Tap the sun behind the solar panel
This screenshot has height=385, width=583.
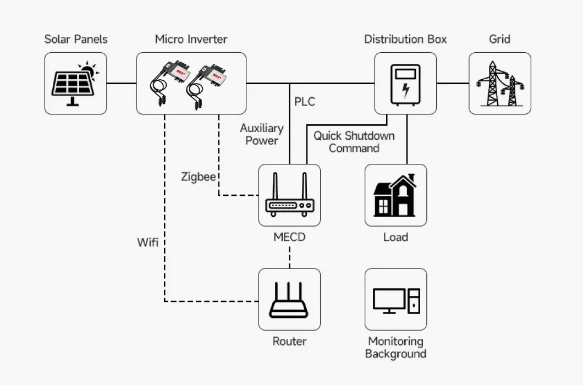pyautogui.click(x=87, y=70)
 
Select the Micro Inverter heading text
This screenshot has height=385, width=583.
pyautogui.click(x=191, y=39)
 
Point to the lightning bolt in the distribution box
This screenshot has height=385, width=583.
pyautogui.click(x=405, y=89)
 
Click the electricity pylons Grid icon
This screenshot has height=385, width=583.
pyautogui.click(x=499, y=84)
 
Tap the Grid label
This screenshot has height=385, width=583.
pyautogui.click(x=499, y=39)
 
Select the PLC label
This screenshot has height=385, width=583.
pyautogui.click(x=305, y=102)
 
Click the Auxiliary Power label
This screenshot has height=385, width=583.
pyautogui.click(x=262, y=134)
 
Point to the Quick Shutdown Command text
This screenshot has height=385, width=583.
pyautogui.click(x=354, y=142)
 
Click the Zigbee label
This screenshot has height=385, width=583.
pyautogui.click(x=198, y=177)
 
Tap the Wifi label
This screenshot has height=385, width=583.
pyautogui.click(x=148, y=242)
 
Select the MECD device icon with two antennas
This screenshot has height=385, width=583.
pyautogui.click(x=289, y=197)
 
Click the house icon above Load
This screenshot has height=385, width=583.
pyautogui.click(x=395, y=196)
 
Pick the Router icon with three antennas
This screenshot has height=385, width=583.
pyautogui.click(x=289, y=300)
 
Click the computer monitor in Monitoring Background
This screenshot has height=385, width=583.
pyautogui.click(x=389, y=300)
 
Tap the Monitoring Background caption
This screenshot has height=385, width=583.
pyautogui.click(x=395, y=348)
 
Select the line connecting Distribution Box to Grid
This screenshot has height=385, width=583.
pyautogui.click(x=452, y=84)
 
